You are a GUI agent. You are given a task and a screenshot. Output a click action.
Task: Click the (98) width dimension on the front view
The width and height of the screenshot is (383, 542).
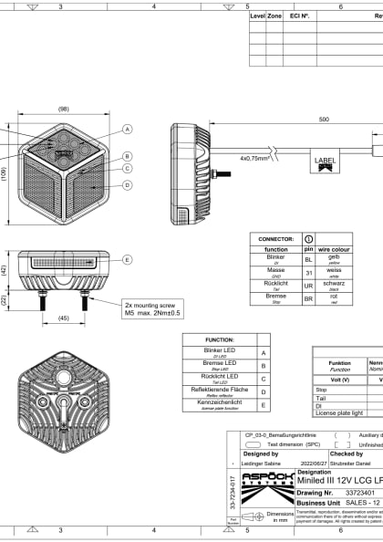click(63, 109)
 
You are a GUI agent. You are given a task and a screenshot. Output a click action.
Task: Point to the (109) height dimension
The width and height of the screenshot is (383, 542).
click(5, 173)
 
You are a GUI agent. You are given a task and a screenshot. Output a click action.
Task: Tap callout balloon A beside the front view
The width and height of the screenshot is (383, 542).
click(128, 129)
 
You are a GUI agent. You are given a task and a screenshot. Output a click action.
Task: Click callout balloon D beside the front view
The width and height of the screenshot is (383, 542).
click(128, 185)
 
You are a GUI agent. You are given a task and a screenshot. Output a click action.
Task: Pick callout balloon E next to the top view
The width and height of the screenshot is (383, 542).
click(128, 259)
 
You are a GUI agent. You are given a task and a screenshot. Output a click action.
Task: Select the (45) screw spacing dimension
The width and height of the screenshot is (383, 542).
click(62, 319)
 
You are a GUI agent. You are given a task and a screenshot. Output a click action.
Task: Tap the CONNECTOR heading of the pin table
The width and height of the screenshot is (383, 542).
click(275, 238)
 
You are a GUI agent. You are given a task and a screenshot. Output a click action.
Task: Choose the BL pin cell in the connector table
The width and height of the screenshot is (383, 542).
click(308, 259)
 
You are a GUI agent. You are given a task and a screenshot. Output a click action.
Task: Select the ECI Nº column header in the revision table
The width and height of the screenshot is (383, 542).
click(299, 16)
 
